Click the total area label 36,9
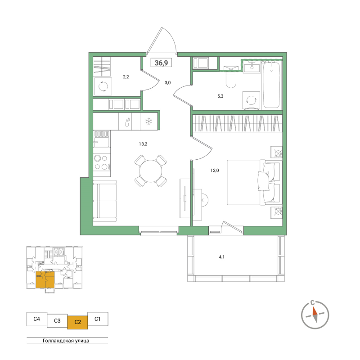click(x=161, y=63)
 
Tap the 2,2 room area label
click(x=126, y=77)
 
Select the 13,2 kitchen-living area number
click(x=143, y=144)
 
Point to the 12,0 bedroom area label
click(x=215, y=170)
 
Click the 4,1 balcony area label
click(x=221, y=257)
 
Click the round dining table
click(x=151, y=171)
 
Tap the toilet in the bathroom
click(x=231, y=79)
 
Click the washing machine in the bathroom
click(x=251, y=100)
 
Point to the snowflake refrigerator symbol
click(x=149, y=121)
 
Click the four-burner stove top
click(x=102, y=162)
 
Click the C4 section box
click(x=37, y=319)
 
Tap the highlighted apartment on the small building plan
click(x=45, y=280)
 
